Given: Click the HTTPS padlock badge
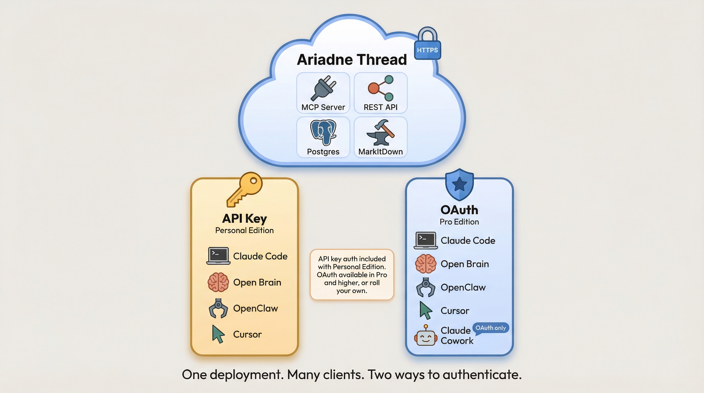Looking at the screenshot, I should coord(427,45).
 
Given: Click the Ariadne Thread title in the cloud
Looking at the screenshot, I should coord(352,60).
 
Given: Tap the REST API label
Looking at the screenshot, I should coord(380,107).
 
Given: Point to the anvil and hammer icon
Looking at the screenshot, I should coord(380,132).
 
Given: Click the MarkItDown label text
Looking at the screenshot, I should coord(380,152).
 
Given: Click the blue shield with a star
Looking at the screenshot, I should coord(459,184).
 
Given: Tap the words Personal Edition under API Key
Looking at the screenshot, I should coord(244,230).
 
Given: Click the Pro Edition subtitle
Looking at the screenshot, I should coord(459,222).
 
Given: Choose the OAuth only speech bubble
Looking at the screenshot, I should coord(491,328).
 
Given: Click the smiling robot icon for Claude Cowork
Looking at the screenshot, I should coord(425,336).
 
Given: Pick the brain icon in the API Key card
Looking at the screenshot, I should coord(218,282).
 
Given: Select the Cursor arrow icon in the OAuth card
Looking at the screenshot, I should coord(425,310).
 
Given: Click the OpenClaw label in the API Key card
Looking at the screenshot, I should coord(255,308).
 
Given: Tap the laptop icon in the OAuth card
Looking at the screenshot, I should coord(425,241).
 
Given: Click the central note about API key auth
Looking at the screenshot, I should coord(352,274).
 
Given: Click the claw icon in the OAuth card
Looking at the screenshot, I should coord(425,287).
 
